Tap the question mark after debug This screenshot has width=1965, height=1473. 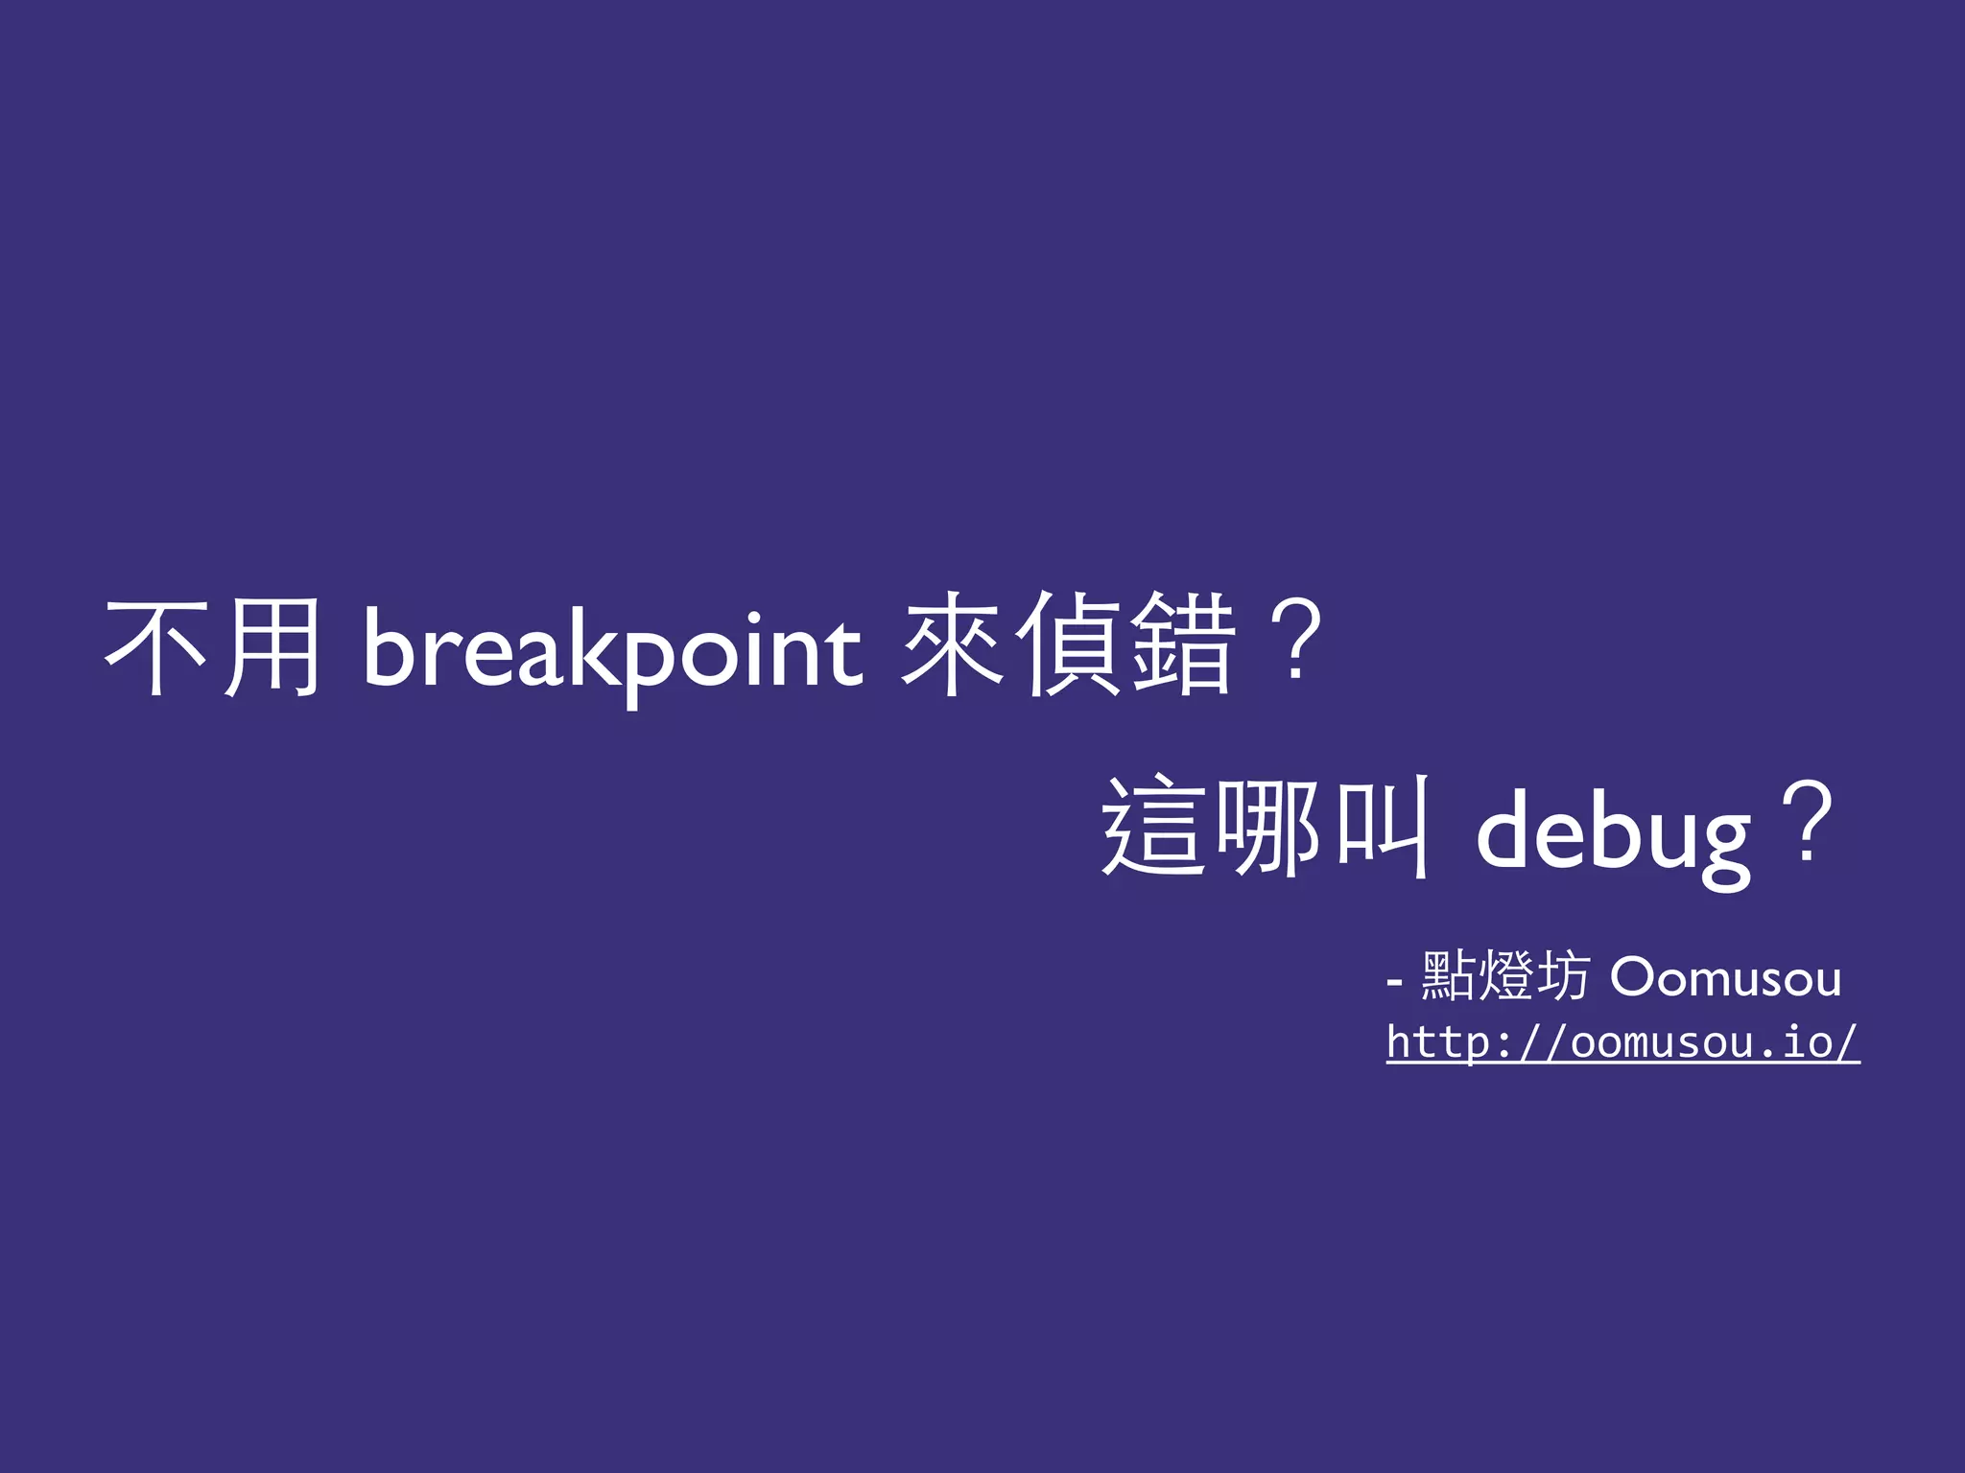pyautogui.click(x=1808, y=822)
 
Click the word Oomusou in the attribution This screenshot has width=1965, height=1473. pyautogui.click(x=1725, y=978)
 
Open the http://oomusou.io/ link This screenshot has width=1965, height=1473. pyautogui.click(x=1622, y=1042)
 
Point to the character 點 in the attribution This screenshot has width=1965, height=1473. pyautogui.click(x=1448, y=976)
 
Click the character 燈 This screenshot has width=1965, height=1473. pyautogui.click(x=1505, y=976)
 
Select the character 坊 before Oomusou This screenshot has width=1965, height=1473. pyautogui.click(x=1563, y=976)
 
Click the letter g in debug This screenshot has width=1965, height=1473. pyautogui.click(x=1721, y=844)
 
